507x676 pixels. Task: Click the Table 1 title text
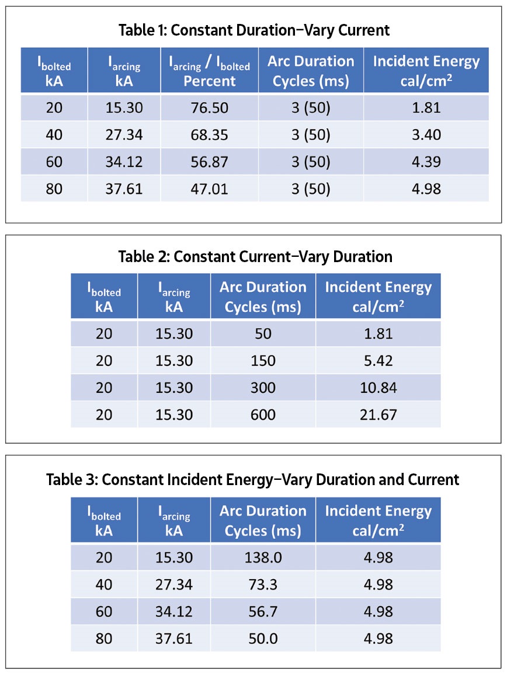pyautogui.click(x=254, y=30)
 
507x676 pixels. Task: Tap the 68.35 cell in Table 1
pyautogui.click(x=209, y=135)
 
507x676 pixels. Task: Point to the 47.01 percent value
pyautogui.click(x=209, y=189)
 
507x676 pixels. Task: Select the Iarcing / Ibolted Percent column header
pyautogui.click(x=209, y=71)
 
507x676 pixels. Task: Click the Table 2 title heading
pyautogui.click(x=254, y=256)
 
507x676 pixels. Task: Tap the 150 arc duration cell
pyautogui.click(x=263, y=361)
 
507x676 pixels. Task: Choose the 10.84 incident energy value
pyautogui.click(x=378, y=388)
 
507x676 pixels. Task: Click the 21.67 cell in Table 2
pyautogui.click(x=378, y=415)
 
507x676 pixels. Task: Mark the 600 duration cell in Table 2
pyautogui.click(x=263, y=415)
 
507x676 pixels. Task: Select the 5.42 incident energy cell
pyautogui.click(x=378, y=361)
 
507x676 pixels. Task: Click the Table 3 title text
pyautogui.click(x=254, y=479)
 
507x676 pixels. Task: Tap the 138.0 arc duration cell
pyautogui.click(x=263, y=558)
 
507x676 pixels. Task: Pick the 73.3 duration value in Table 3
pyautogui.click(x=263, y=585)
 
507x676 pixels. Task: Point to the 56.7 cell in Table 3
pyautogui.click(x=263, y=612)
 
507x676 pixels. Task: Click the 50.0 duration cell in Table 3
pyautogui.click(x=263, y=639)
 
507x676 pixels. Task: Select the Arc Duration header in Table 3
pyautogui.click(x=263, y=520)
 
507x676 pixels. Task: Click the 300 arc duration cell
pyautogui.click(x=263, y=388)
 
